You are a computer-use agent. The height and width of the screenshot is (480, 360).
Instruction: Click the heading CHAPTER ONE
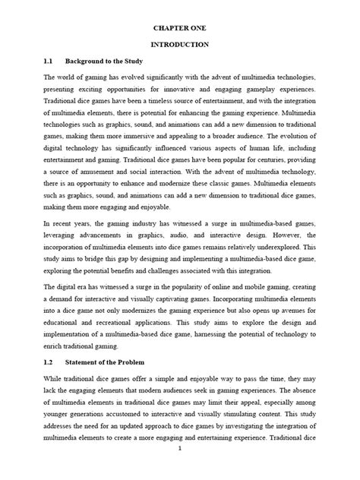pos(180,27)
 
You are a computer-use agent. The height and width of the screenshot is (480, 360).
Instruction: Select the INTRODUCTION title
pos(180,45)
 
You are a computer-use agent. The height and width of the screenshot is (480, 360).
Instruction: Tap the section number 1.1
pos(49,63)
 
